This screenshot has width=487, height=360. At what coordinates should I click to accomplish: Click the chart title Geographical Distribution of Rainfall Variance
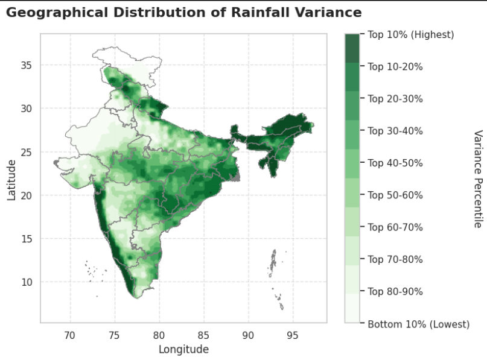point(184,13)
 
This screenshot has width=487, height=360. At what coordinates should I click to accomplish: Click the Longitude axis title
point(183,349)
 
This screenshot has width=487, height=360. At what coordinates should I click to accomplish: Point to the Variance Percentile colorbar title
point(477,178)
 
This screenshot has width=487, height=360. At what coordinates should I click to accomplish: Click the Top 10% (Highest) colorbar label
point(410,35)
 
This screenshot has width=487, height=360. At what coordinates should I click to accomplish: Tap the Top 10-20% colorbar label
point(395,67)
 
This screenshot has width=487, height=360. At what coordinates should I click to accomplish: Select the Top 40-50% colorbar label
point(395,163)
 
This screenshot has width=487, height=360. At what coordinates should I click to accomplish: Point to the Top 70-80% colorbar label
point(395,260)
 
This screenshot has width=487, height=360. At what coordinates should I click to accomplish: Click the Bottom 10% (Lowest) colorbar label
point(418,324)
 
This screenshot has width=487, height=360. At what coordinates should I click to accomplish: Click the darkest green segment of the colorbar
point(352,48)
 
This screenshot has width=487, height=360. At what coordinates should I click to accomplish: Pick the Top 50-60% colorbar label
point(395,195)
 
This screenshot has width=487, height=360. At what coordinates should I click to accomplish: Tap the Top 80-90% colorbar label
point(395,292)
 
